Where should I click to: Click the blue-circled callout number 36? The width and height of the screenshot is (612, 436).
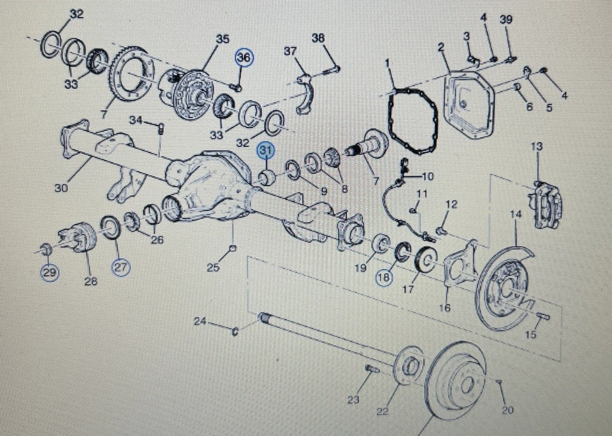tap(244, 58)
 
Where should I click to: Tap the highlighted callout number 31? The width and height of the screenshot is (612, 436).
tap(265, 150)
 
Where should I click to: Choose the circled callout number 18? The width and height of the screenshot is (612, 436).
tap(384, 278)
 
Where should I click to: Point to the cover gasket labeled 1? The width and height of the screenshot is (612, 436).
tap(408, 121)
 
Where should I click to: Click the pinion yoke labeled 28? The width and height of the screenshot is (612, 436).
tap(78, 241)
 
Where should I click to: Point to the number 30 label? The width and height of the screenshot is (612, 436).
tap(61, 189)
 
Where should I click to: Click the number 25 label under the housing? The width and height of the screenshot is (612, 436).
tap(213, 268)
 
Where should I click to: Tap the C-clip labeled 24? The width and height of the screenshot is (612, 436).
tap(235, 330)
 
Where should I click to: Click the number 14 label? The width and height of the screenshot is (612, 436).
tap(515, 215)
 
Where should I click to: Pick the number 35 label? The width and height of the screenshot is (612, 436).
tap(222, 40)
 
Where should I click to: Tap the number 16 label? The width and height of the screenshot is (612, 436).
tap(445, 309)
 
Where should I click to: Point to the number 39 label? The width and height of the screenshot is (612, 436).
tap(506, 20)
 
